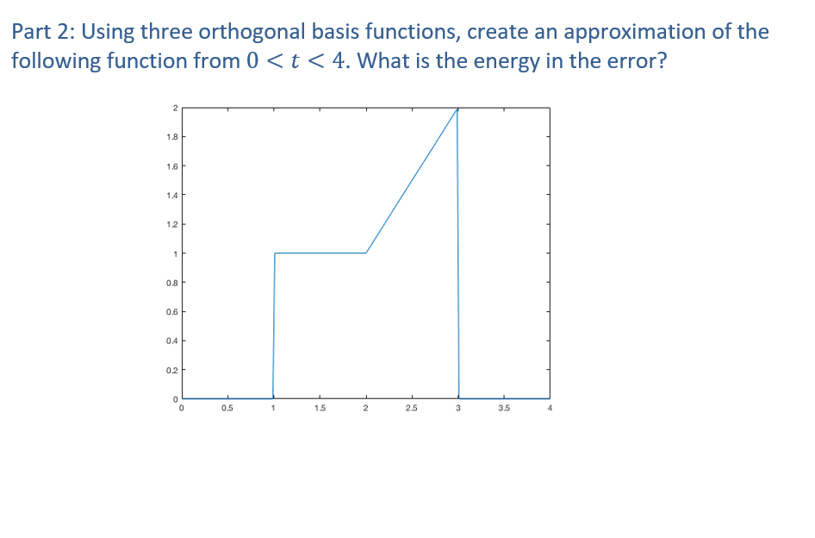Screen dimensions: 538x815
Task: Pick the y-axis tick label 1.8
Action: point(172,136)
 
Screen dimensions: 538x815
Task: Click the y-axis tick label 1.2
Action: point(172,224)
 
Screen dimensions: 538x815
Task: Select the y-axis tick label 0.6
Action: point(172,311)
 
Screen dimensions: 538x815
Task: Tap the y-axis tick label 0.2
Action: point(172,370)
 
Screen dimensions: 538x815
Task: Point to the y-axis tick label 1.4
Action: point(172,195)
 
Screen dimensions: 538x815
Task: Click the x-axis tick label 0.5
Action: point(227,408)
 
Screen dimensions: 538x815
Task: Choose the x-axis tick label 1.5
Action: point(320,408)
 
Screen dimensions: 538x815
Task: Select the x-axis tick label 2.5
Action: point(412,408)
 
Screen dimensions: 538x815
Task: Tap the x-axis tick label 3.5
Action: point(503,408)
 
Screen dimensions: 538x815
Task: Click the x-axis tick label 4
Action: point(549,408)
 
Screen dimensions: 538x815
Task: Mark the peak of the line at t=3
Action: point(457,109)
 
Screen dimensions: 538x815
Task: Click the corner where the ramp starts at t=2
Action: point(366,253)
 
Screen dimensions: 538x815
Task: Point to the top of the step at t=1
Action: point(275,253)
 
